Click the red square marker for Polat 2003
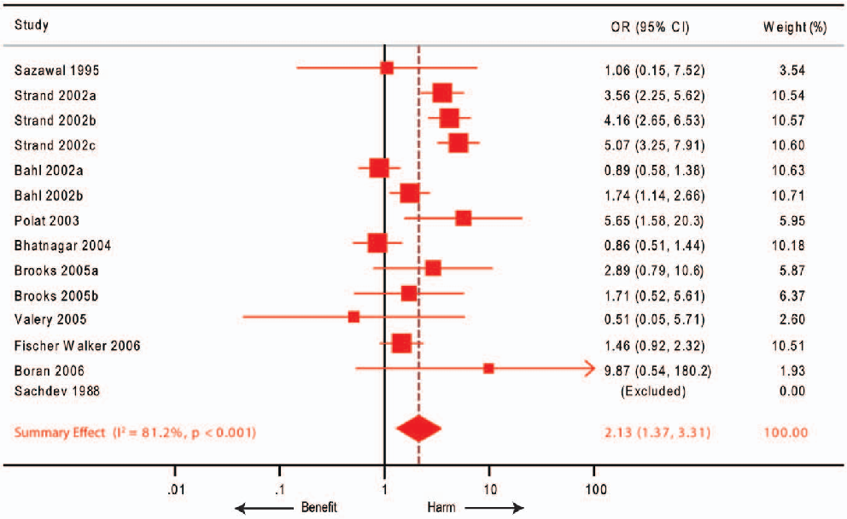463,219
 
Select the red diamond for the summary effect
418,429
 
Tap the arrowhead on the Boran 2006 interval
589,369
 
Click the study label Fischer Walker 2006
78,346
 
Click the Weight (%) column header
794,26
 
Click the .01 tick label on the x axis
175,490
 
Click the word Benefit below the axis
319,507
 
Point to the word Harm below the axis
441,507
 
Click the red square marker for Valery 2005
353,317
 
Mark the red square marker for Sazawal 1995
387,67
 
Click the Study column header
32,26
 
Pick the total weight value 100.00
786,432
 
